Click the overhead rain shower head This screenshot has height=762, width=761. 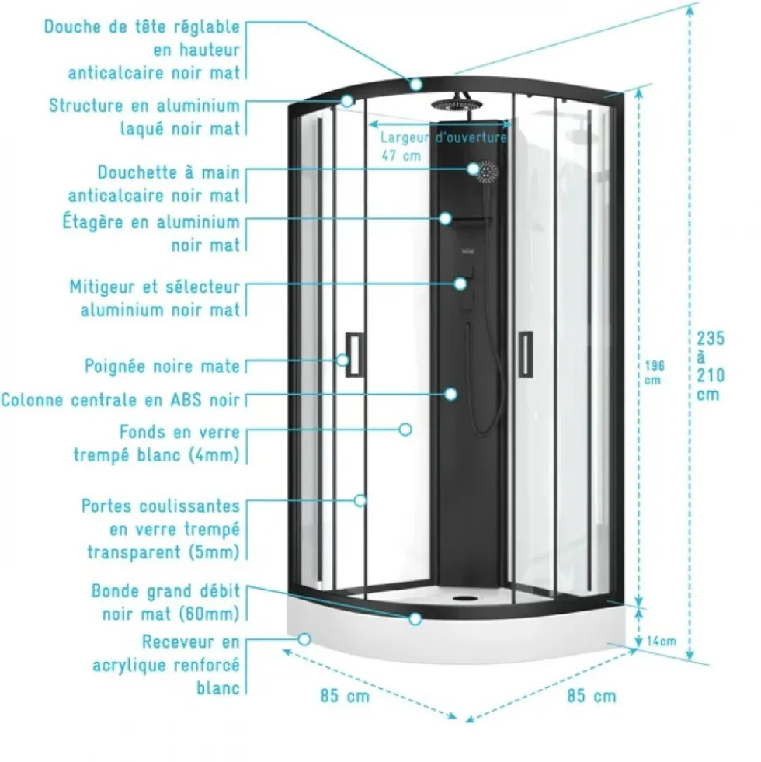pos(452,105)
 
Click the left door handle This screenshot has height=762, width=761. pos(354,355)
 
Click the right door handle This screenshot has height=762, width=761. pos(525,353)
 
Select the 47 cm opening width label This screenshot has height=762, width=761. pos(401,156)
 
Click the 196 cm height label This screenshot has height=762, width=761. pos(654,372)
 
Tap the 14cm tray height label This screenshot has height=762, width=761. pos(662,642)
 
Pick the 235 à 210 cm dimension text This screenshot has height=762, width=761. pos(711,366)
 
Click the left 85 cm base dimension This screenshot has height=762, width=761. pos(345,696)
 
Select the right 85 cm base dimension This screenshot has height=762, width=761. pos(592,696)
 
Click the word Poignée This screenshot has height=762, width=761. pos(116,366)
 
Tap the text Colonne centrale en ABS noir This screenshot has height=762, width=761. pos(120,400)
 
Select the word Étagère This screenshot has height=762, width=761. pos(93,221)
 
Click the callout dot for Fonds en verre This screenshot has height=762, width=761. pos(405,430)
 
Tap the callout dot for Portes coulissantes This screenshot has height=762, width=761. pos(360,500)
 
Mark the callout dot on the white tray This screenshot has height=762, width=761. pos(304,639)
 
